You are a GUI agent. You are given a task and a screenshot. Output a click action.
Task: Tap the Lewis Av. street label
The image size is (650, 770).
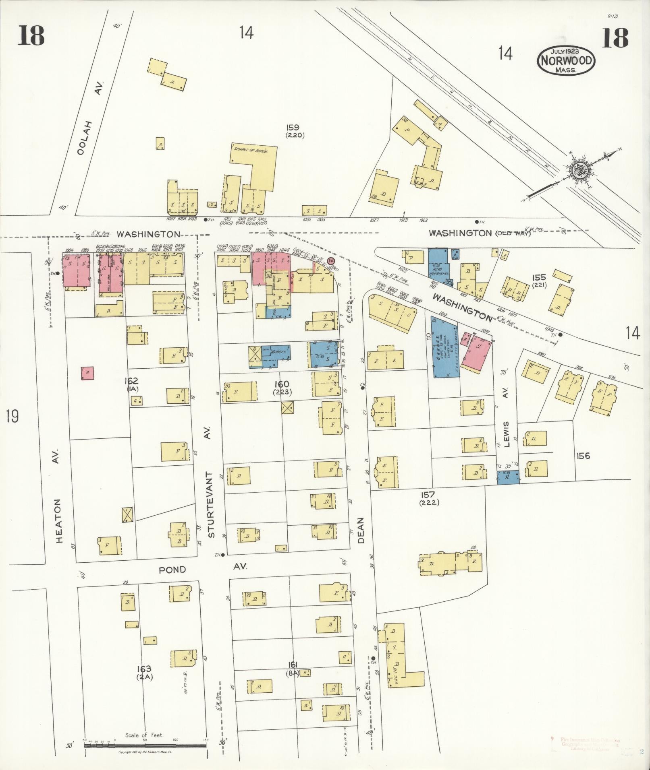pyautogui.click(x=507, y=419)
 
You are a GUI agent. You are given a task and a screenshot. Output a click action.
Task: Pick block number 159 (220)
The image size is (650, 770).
pyautogui.click(x=295, y=132)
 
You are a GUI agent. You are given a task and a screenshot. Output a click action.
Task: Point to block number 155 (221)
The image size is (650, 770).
pyautogui.click(x=539, y=281)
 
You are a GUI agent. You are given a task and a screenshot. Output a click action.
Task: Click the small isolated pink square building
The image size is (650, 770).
pyautogui.click(x=87, y=373)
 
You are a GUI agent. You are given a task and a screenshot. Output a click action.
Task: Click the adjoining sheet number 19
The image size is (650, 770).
pyautogui.click(x=12, y=416)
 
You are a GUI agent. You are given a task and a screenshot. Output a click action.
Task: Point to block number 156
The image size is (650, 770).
pyautogui.click(x=583, y=456)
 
